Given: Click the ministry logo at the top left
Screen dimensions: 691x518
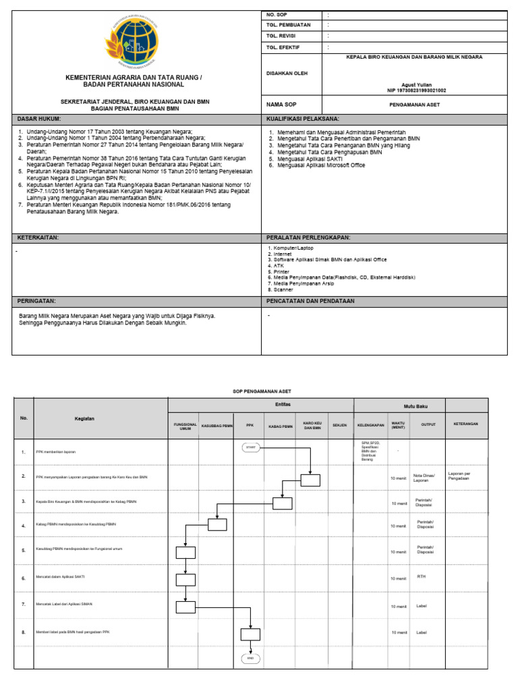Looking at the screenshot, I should click(x=133, y=41).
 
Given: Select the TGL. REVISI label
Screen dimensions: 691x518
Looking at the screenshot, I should click(x=283, y=36).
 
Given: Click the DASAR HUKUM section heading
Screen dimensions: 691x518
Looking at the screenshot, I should click(x=38, y=118).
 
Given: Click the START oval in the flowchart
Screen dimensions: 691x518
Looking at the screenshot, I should click(x=250, y=447).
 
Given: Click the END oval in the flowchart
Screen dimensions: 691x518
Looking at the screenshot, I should click(x=250, y=658).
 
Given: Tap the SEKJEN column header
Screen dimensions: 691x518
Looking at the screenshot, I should click(x=339, y=426).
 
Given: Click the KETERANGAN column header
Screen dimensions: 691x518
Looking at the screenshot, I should click(x=465, y=424).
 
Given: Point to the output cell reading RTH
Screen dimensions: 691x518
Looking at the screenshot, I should click(x=422, y=576).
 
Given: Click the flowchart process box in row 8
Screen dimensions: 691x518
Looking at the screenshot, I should click(x=250, y=634).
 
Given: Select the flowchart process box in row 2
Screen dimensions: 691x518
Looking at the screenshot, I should click(x=310, y=480).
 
